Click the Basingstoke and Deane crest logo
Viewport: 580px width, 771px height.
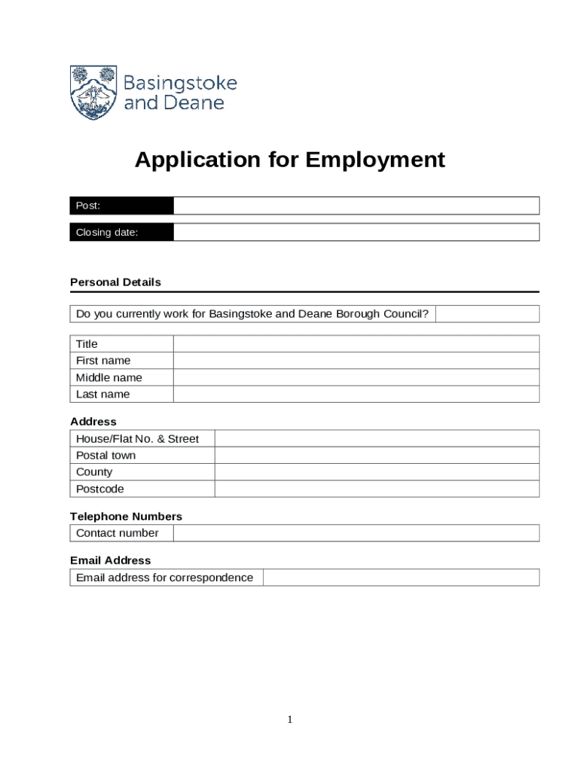pyautogui.click(x=93, y=92)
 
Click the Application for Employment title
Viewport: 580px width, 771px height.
pyautogui.click(x=290, y=160)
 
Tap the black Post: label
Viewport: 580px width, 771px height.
pyautogui.click(x=121, y=206)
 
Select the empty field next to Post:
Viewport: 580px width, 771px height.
pyautogui.click(x=356, y=206)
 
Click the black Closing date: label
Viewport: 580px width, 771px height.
pyautogui.click(x=121, y=232)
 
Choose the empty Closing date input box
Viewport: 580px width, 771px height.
pyautogui.click(x=356, y=232)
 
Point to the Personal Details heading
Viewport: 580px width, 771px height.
pyautogui.click(x=115, y=282)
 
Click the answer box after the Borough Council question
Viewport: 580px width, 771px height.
pyautogui.click(x=487, y=314)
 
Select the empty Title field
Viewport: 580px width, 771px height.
pyautogui.click(x=356, y=344)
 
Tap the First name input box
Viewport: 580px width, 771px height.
pyautogui.click(x=356, y=361)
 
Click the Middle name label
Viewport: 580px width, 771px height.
pyautogui.click(x=109, y=377)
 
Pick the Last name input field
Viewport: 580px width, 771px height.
pyautogui.click(x=356, y=394)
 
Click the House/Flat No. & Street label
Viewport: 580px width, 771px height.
pyautogui.click(x=137, y=438)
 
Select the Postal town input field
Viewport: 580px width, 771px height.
pyautogui.click(x=377, y=456)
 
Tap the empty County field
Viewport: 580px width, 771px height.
pyautogui.click(x=377, y=472)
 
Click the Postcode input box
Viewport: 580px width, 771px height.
pyautogui.click(x=377, y=489)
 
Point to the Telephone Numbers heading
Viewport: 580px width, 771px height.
pyautogui.click(x=126, y=517)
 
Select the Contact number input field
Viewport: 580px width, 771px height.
pyautogui.click(x=356, y=533)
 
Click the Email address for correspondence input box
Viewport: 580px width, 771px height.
pyautogui.click(x=401, y=577)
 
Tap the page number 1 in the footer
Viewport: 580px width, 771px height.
pyautogui.click(x=289, y=721)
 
